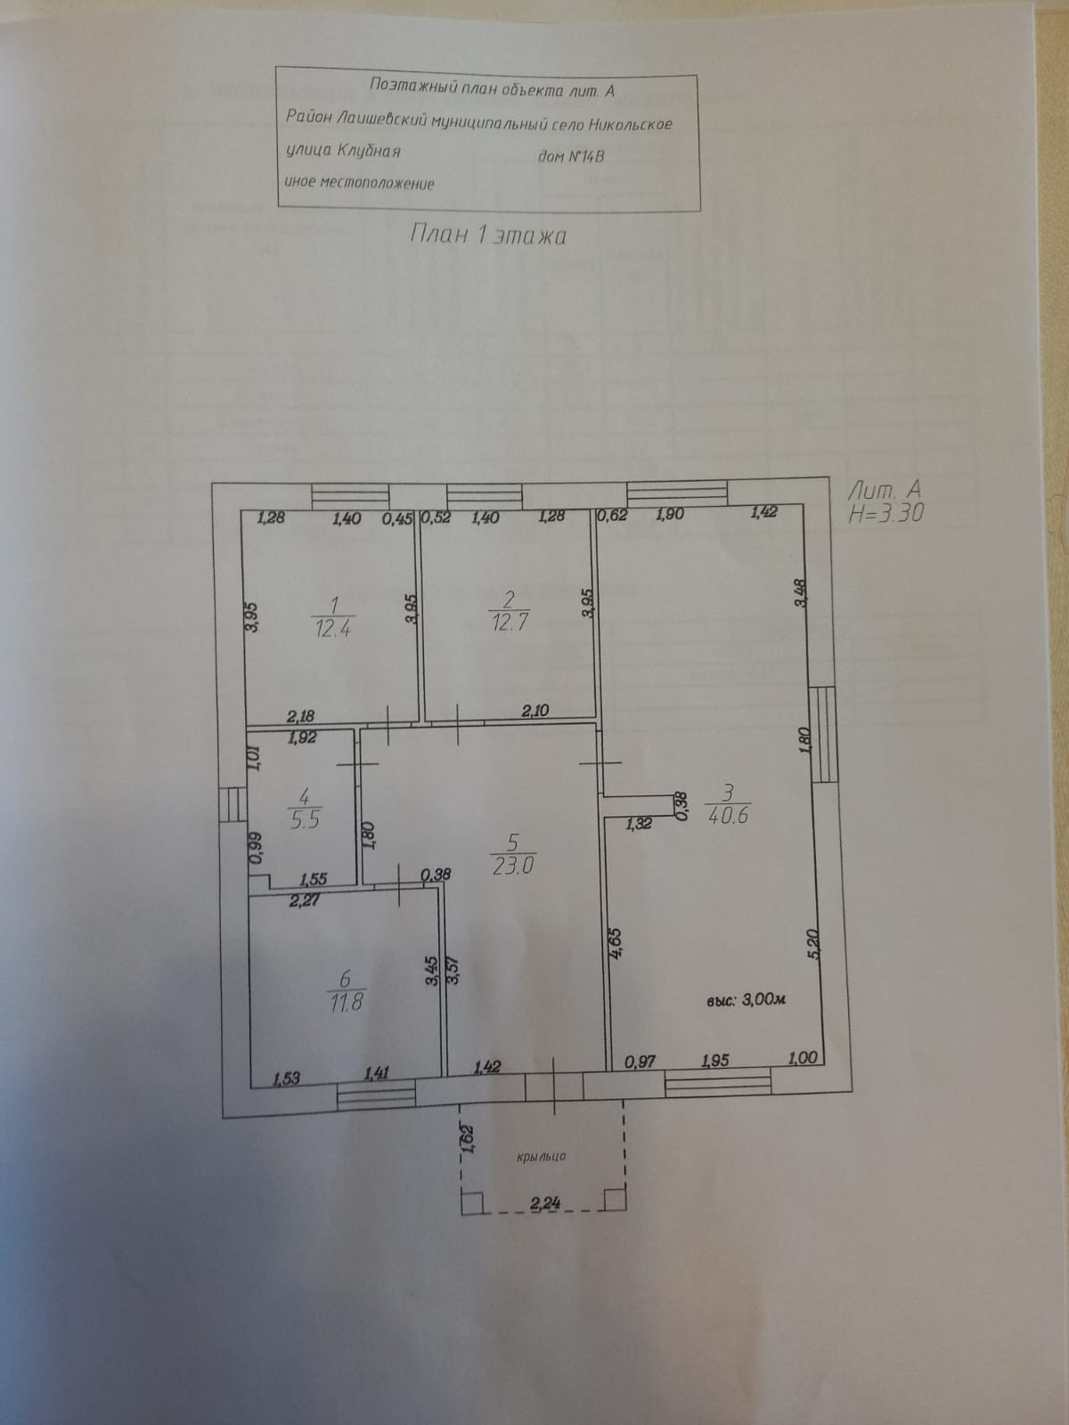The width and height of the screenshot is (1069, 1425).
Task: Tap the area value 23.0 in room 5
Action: tap(513, 865)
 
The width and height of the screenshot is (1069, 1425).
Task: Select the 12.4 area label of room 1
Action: tap(333, 629)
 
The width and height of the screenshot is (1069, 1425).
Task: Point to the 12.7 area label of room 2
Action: tap(510, 623)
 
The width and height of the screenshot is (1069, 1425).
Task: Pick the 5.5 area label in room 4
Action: tap(305, 820)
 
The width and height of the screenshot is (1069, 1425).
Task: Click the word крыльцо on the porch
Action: tap(541, 1156)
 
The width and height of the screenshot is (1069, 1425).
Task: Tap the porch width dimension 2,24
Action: tap(544, 1203)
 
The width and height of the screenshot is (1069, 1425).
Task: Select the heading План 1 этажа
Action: tap(488, 235)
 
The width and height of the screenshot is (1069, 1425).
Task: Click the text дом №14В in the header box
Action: tap(572, 157)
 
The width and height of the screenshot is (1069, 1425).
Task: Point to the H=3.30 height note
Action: tap(887, 513)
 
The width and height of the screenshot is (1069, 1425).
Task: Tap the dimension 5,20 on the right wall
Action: tap(812, 942)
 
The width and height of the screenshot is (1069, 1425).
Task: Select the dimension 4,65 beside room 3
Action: tap(615, 943)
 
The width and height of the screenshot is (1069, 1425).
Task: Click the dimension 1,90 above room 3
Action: tap(670, 514)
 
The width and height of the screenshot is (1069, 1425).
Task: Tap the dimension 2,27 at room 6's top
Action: tap(305, 900)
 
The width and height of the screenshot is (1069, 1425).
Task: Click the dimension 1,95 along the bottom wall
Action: tap(715, 1060)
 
